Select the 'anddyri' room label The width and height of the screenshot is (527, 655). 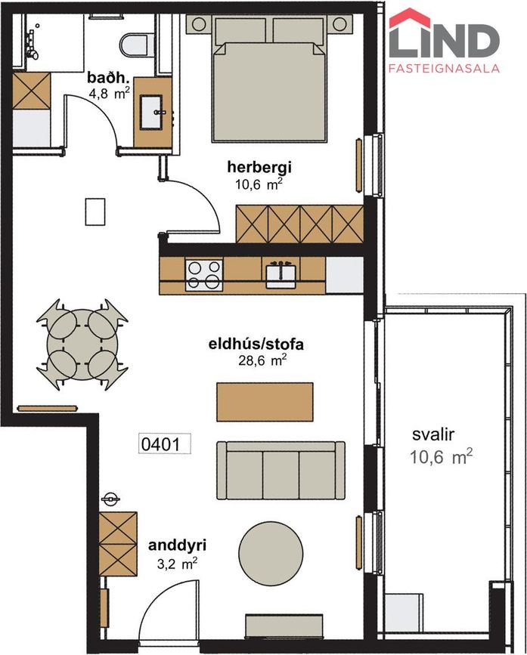[x=178, y=545]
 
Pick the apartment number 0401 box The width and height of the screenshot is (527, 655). [x=160, y=443]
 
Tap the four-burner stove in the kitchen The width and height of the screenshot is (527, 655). [x=204, y=274]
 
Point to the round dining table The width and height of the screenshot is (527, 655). [x=80, y=344]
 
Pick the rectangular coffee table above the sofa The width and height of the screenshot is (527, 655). [x=265, y=401]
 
